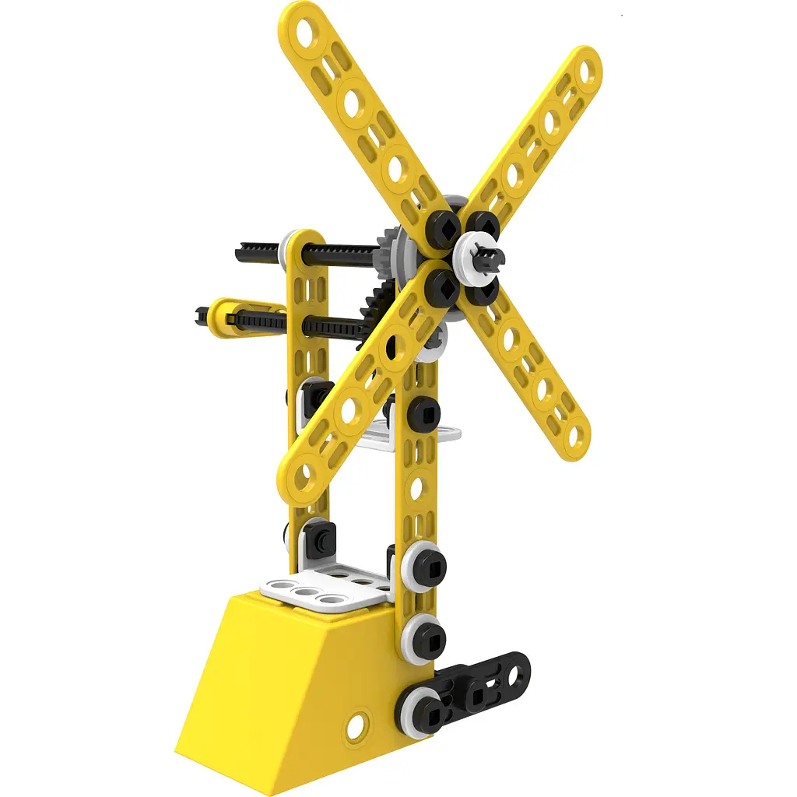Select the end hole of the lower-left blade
(x=304, y=474)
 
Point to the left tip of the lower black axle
(x=202, y=315)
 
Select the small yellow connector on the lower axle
(x=226, y=316)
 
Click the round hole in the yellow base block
(x=355, y=725)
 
